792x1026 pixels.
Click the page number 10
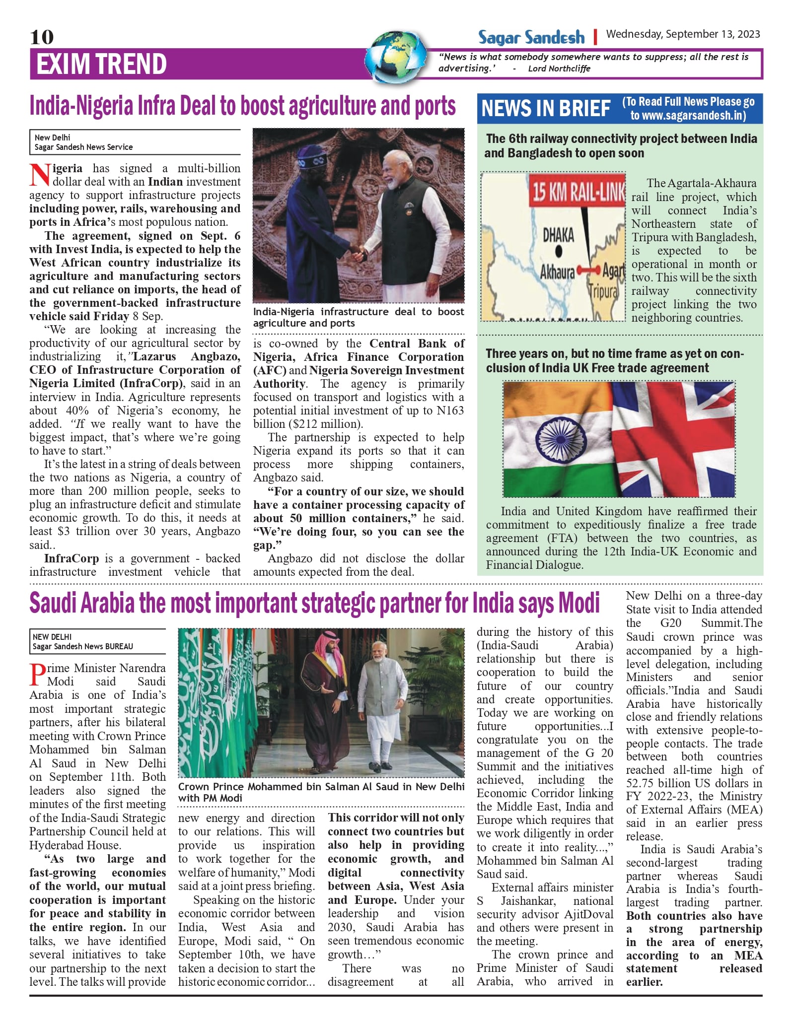pyautogui.click(x=42, y=37)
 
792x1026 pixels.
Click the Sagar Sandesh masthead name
pyautogui.click(x=531, y=37)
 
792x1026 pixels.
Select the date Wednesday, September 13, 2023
pyautogui.click(x=683, y=34)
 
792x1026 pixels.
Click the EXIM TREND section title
pyautogui.click(x=101, y=64)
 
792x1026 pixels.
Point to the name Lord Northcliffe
pyautogui.click(x=559, y=68)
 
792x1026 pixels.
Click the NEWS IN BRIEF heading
pyautogui.click(x=546, y=108)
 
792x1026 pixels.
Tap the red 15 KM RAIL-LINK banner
pyautogui.click(x=577, y=191)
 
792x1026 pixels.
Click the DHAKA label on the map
pyautogui.click(x=558, y=235)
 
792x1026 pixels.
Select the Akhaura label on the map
pyautogui.click(x=557, y=272)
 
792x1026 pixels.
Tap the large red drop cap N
pyautogui.click(x=40, y=175)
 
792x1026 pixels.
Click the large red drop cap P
pyautogui.click(x=37, y=675)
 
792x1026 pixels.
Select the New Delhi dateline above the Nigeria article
pyautogui.click(x=52, y=137)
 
